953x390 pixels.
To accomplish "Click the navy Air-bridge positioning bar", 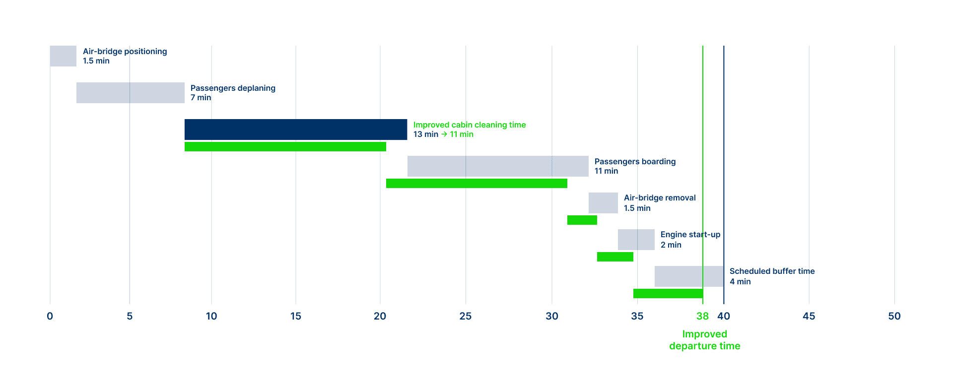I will click(63, 56).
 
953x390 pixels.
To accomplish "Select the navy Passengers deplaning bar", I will click(131, 93).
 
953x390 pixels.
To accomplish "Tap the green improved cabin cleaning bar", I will click(285, 147).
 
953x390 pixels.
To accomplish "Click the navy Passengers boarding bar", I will click(498, 166).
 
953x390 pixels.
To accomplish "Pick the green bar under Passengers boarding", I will click(476, 184).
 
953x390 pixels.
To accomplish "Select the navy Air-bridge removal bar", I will click(603, 203).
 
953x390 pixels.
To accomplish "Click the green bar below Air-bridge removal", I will click(582, 220).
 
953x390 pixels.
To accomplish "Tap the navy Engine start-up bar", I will click(636, 240).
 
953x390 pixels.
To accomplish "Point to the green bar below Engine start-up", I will click(615, 257).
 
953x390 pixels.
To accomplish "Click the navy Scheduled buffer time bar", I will click(689, 276).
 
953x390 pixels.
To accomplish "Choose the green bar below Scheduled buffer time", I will click(668, 293).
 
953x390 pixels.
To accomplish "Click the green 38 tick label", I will click(702, 316).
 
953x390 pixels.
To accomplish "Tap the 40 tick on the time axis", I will click(724, 316).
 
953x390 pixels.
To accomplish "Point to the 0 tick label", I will click(50, 316).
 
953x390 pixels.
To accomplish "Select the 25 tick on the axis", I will click(466, 316).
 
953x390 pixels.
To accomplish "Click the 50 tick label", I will click(894, 316).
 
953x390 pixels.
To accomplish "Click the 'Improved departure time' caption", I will click(704, 340).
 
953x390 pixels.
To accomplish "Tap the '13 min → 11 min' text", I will click(443, 134).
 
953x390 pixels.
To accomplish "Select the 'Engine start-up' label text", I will click(690, 235).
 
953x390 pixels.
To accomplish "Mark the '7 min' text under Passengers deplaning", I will click(201, 98).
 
